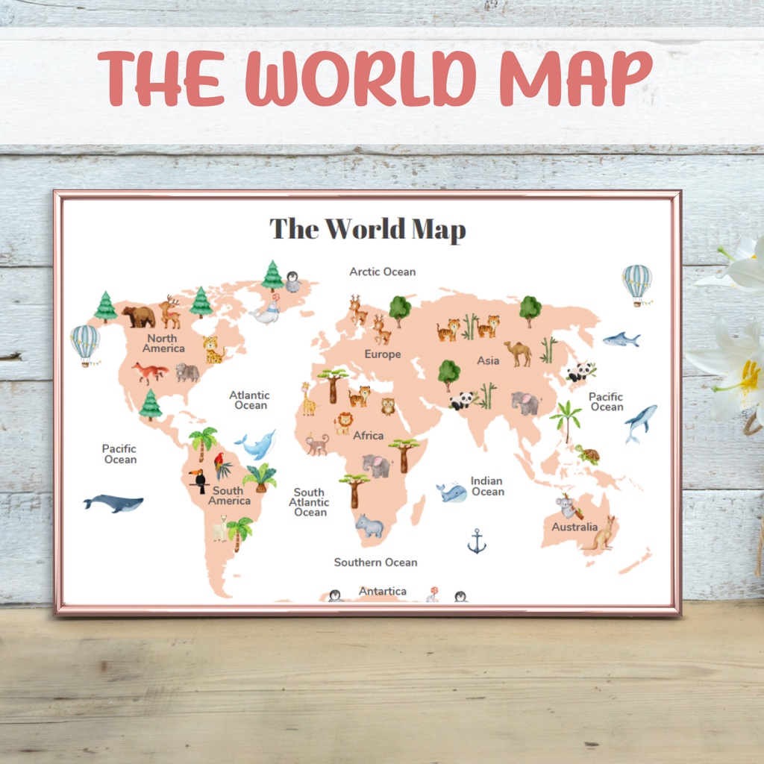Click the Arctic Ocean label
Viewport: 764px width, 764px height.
tap(383, 272)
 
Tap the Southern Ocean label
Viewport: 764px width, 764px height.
tap(375, 562)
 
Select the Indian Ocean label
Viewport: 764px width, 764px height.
tap(487, 486)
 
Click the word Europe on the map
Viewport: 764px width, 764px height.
tap(383, 354)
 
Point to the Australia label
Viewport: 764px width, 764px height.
tap(574, 527)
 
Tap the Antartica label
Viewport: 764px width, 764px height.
tap(383, 591)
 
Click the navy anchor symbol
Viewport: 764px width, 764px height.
tap(477, 541)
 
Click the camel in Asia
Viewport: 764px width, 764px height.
tap(518, 352)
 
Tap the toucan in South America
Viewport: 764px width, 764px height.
tap(198, 480)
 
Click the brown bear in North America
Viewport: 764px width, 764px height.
tap(140, 316)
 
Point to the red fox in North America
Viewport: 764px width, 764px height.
tap(150, 372)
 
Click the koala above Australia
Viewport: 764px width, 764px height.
tap(568, 507)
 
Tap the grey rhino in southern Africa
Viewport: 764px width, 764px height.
tap(369, 526)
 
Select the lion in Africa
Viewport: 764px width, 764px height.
tap(342, 424)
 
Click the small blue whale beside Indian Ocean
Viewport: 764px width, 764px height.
tap(452, 492)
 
